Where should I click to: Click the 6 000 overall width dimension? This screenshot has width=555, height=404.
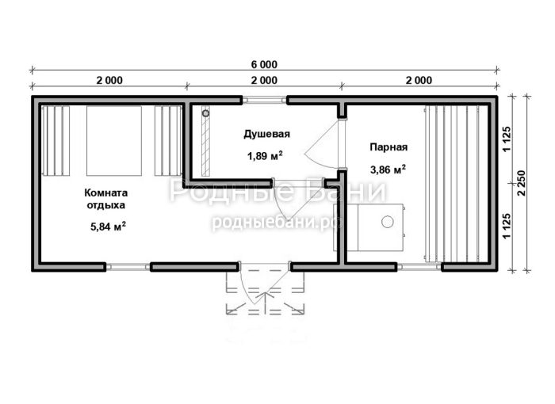coord(264,65)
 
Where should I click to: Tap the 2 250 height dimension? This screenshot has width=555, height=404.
coord(522,183)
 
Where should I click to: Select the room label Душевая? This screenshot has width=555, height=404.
coord(266,135)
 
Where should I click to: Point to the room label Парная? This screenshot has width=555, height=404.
coord(388,147)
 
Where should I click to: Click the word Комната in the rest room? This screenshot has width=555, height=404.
coord(105,192)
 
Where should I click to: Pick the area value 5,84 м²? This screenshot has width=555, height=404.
coord(108,227)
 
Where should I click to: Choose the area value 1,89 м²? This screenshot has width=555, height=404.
coord(264,155)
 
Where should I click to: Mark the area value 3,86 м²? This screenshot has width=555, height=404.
coord(388,170)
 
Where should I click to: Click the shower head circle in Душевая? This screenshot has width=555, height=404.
coord(205,113)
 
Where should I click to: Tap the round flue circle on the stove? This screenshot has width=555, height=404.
coord(387,222)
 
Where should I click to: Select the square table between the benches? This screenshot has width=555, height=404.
coord(114,141)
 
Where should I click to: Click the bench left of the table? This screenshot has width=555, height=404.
coord(56,141)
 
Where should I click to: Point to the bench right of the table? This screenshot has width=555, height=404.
coord(168,141)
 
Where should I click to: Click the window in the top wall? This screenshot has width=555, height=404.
coord(264,100)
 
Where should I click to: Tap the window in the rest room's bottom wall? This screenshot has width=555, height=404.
coord(128,267)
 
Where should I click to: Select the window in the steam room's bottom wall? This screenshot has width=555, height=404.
coord(419,267)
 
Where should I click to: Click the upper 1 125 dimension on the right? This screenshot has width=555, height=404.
coord(507,139)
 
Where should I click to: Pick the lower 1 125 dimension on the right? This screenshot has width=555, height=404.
coord(507,226)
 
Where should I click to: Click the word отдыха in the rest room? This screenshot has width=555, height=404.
coord(105,205)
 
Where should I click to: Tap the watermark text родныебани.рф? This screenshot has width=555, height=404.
coord(277,222)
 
